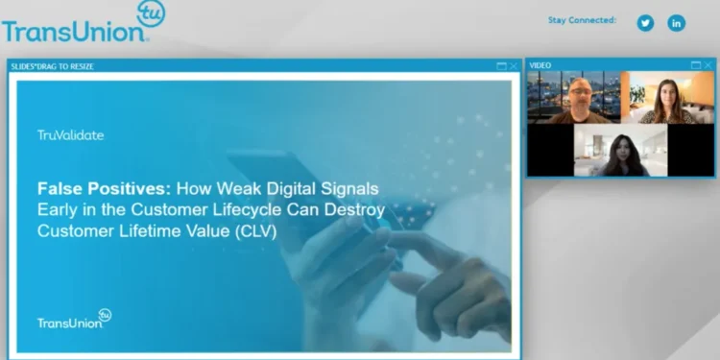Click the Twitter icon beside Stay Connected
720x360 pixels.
(645, 23)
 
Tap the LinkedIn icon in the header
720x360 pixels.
(677, 23)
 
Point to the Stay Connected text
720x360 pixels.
(582, 19)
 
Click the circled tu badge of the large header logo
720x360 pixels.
(151, 14)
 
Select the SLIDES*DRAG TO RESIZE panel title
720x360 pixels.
(53, 65)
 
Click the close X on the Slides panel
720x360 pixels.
(514, 65)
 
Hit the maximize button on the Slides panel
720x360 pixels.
(501, 65)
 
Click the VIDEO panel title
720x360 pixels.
(540, 65)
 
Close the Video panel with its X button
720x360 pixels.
(708, 65)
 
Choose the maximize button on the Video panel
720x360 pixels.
(696, 65)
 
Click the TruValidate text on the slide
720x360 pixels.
(70, 135)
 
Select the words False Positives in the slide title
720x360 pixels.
(91, 188)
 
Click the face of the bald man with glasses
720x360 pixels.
(579, 94)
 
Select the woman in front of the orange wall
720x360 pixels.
(667, 100)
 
